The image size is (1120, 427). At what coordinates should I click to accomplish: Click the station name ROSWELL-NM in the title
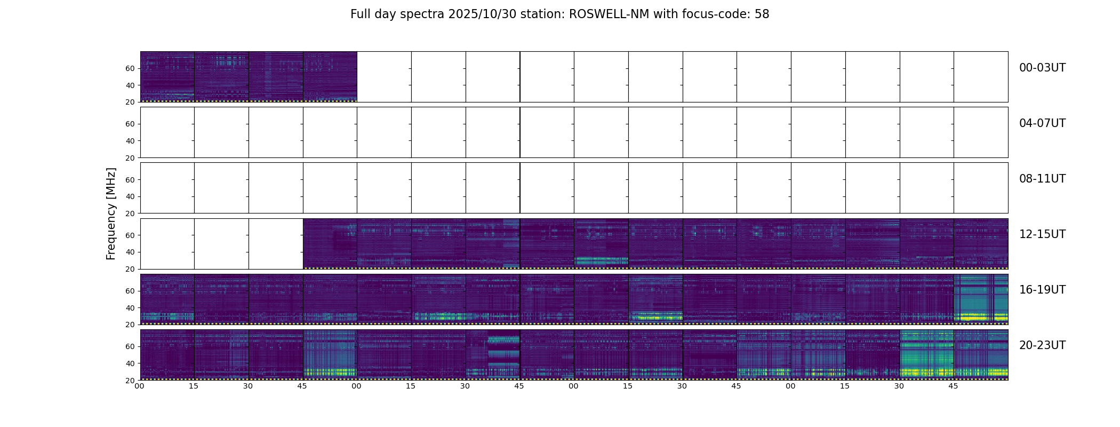[609, 14]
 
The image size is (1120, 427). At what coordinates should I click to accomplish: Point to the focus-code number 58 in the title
[762, 14]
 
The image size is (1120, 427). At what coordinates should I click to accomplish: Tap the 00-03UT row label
[1042, 68]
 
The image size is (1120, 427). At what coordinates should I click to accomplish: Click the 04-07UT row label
[1042, 123]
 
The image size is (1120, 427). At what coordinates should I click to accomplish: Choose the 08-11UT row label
[1042, 179]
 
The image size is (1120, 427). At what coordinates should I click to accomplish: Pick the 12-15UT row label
[1042, 234]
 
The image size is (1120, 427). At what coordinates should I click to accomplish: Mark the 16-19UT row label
[1042, 290]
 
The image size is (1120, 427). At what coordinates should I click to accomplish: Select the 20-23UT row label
[1042, 345]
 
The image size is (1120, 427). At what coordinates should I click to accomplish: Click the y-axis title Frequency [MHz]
[111, 213]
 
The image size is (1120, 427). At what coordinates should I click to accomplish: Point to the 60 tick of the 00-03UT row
[130, 68]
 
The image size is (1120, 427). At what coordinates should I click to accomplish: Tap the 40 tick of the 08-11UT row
[130, 196]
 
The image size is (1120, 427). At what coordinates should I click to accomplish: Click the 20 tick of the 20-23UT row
[130, 380]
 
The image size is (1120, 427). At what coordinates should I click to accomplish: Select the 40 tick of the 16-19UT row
[130, 308]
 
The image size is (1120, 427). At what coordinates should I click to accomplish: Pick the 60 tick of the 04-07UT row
[130, 124]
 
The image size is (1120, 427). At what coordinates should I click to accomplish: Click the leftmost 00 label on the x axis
[139, 386]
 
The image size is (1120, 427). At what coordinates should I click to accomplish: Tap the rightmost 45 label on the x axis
[953, 386]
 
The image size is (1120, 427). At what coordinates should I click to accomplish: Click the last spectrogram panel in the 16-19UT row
[980, 299]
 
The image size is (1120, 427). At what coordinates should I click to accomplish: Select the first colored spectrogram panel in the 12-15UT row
[330, 243]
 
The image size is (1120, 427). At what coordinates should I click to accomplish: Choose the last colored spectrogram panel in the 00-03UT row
[330, 76]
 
